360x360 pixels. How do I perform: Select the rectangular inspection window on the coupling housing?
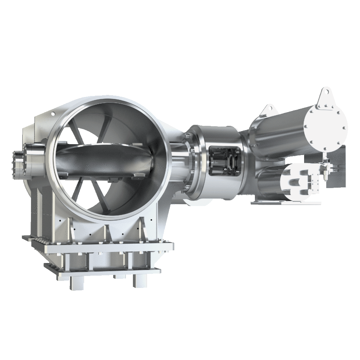(x=224, y=161)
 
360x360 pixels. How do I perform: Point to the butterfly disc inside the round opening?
(x=105, y=160)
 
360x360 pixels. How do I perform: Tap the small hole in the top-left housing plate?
(x=53, y=114)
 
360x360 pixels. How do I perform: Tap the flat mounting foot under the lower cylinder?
(x=285, y=203)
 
